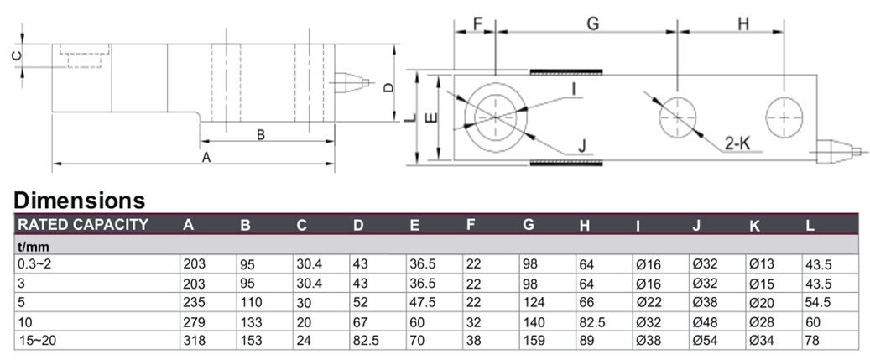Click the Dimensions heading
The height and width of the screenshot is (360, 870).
point(80,201)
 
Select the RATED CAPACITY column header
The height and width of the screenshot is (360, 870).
point(83,224)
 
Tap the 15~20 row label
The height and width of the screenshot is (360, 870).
point(34,340)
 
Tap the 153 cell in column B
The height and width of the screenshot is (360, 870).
point(249,340)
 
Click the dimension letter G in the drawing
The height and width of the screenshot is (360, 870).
point(592,24)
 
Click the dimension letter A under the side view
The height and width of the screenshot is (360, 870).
point(207,157)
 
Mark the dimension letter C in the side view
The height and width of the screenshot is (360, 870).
point(16,56)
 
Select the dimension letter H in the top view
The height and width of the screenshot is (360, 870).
point(742,24)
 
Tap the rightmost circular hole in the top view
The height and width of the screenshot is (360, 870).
point(784,117)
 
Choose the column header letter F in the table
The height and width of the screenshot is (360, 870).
point(471,224)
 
